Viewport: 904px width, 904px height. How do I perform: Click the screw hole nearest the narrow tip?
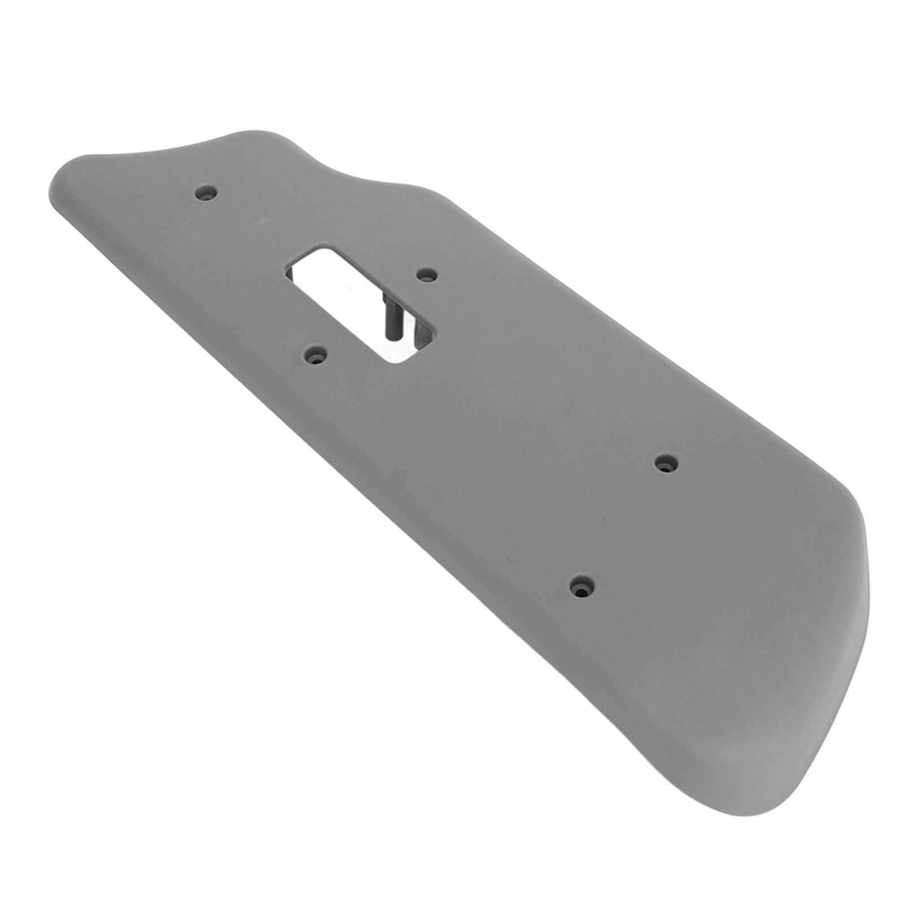206,193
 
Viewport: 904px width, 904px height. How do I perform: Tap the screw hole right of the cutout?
426,275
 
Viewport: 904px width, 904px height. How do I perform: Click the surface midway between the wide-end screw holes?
624,525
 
